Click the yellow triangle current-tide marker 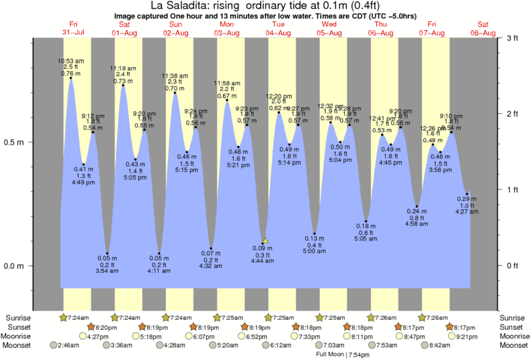[x=265, y=240]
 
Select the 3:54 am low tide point [x=107, y=254]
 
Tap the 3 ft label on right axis [x=512, y=38]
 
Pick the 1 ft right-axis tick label [x=512, y=190]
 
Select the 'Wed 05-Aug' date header [x=331, y=29]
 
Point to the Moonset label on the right [x=513, y=345]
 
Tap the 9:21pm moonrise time [x=471, y=336]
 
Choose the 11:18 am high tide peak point [x=123, y=86]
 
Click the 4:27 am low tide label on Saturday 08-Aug [x=467, y=211]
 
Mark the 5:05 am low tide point [x=366, y=221]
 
